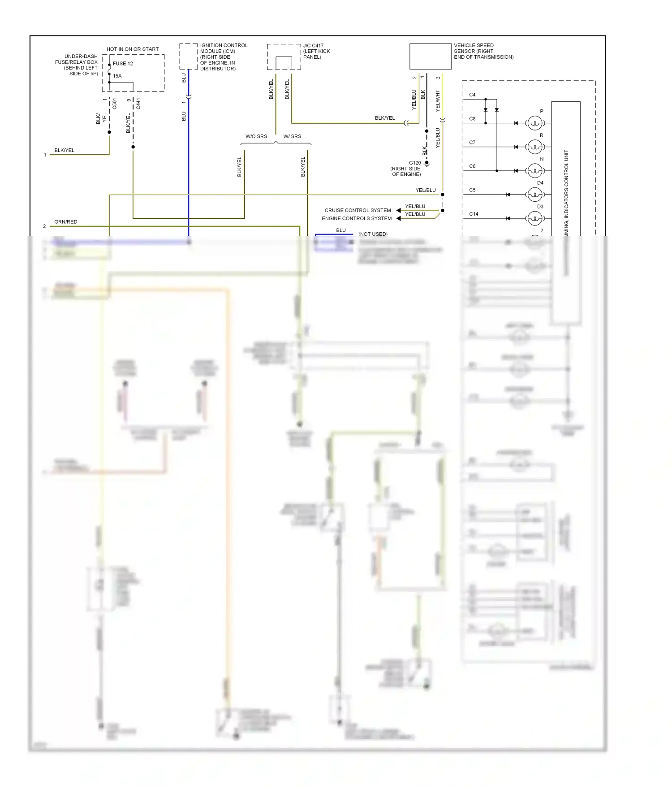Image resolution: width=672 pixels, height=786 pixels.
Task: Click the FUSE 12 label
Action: (123, 64)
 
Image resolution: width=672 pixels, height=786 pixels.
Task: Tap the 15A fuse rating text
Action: (117, 76)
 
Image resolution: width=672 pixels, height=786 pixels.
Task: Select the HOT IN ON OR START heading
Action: (133, 49)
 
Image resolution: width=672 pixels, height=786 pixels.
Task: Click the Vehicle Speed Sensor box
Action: (430, 56)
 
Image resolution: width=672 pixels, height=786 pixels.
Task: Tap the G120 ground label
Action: (414, 163)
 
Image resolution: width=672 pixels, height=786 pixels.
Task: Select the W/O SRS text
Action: (256, 136)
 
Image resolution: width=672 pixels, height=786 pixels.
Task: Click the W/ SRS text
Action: (292, 136)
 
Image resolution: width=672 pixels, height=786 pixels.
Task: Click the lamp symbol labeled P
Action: (535, 123)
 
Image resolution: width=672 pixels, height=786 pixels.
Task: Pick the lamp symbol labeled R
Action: (535, 147)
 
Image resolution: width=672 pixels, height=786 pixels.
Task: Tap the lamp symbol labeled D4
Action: (535, 195)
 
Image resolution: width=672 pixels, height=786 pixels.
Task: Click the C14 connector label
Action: (474, 214)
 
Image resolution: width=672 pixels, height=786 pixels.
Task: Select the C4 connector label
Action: (472, 95)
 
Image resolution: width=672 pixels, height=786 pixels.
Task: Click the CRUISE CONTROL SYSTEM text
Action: (358, 210)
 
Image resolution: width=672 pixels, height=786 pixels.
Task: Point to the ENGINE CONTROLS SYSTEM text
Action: (357, 218)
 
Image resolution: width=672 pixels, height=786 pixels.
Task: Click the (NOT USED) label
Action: (373, 234)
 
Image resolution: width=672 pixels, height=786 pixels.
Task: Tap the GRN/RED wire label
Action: (66, 222)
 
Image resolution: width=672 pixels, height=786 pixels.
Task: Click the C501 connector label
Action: (115, 104)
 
